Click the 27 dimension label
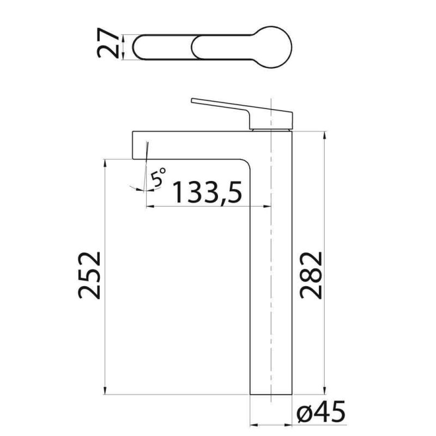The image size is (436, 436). [x=107, y=43]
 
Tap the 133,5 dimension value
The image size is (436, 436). [x=207, y=192]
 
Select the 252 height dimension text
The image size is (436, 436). [x=89, y=275]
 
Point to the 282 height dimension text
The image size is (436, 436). [x=311, y=275]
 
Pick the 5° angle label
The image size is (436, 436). [x=158, y=177]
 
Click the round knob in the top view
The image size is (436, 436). [x=273, y=47]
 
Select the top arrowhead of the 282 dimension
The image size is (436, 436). [x=325, y=135]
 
